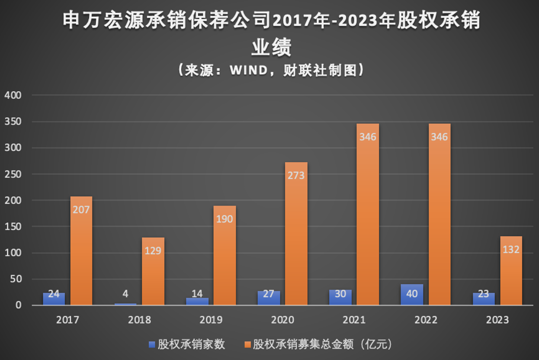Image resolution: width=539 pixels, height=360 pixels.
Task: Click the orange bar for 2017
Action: click(81, 251)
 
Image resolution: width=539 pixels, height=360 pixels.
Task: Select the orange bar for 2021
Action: click(368, 216)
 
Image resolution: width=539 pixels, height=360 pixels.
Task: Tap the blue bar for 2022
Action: click(412, 295)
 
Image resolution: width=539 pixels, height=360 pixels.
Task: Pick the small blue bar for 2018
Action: click(126, 304)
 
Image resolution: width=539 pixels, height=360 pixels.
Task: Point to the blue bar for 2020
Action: click(269, 298)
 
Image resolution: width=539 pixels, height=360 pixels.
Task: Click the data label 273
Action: click(296, 175)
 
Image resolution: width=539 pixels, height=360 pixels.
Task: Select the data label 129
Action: click(153, 251)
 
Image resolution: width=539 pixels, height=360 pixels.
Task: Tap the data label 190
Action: click(225, 219)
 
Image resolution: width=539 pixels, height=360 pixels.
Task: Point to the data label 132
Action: click(511, 250)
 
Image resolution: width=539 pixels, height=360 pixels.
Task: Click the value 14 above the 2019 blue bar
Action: click(197, 294)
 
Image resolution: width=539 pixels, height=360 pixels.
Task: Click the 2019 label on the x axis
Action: click(211, 320)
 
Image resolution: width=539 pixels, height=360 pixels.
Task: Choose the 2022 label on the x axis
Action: click(426, 320)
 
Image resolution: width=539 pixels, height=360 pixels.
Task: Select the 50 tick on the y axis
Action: click(15, 279)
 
